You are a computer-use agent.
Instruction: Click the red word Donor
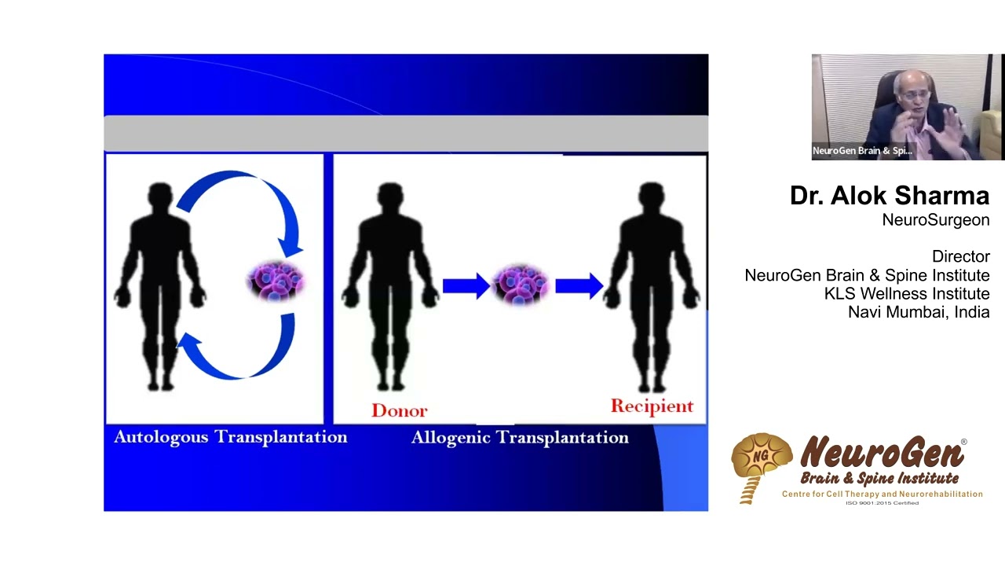coord(399,410)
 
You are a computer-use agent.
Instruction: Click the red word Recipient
coord(652,406)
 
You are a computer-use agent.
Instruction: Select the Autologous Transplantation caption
coord(230,437)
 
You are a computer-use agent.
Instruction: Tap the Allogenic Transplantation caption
coord(520,438)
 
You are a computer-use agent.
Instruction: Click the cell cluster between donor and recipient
coord(521,285)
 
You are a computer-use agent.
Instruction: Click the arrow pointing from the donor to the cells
coord(466,285)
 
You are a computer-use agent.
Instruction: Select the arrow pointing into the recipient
coord(579,285)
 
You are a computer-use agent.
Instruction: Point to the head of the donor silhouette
coord(390,197)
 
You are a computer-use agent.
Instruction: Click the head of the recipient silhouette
coord(651,197)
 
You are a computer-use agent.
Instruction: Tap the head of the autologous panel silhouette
coord(160,197)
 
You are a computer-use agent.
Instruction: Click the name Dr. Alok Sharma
coord(889,196)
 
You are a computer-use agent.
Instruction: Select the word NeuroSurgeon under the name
coord(935,220)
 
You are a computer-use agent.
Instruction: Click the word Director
coord(960,257)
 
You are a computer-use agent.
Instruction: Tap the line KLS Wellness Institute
coord(906,294)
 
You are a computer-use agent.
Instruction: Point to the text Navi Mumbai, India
coord(918,312)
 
